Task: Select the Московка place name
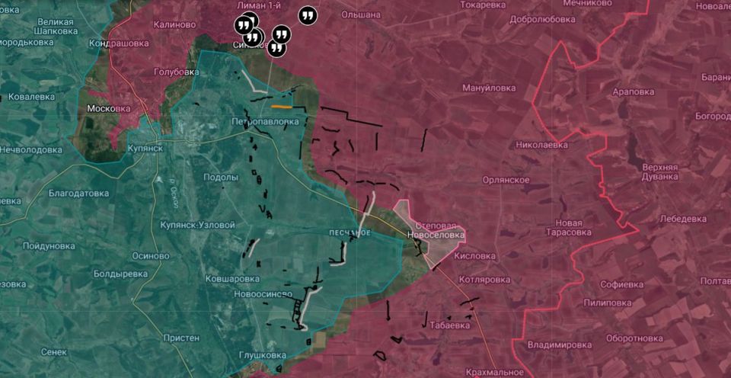[x=109, y=108]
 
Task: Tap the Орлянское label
[x=506, y=180]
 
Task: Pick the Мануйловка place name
[x=489, y=88]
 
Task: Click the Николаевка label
[x=541, y=143]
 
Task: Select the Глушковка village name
[x=262, y=355]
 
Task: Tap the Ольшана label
[x=361, y=14]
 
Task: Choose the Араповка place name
[x=633, y=91]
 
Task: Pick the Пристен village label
[x=181, y=338]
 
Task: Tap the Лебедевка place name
[x=682, y=219]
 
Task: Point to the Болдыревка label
[x=120, y=273]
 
